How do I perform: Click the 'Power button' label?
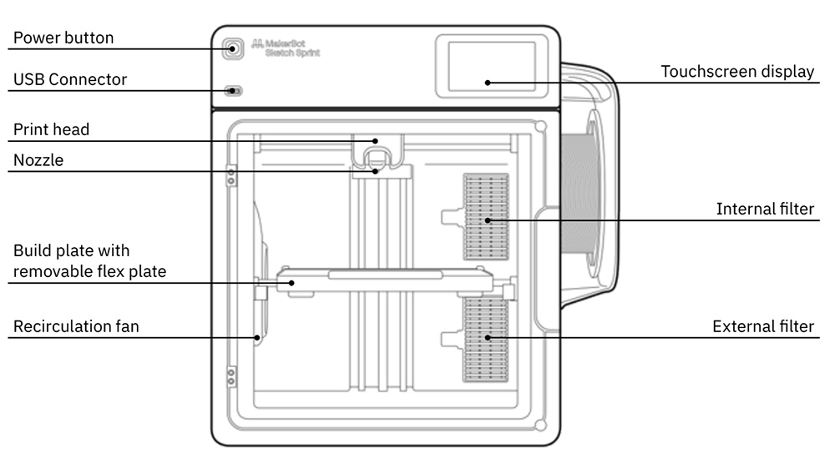pyautogui.click(x=63, y=38)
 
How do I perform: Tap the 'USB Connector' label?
pyautogui.click(x=70, y=79)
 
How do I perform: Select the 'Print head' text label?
pyautogui.click(x=51, y=129)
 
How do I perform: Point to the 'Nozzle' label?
pyautogui.click(x=38, y=160)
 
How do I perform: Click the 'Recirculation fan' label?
pyautogui.click(x=75, y=326)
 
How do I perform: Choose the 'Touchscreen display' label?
pyautogui.click(x=737, y=72)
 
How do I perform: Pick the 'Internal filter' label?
pyautogui.click(x=765, y=209)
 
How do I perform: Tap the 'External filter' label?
pyautogui.click(x=762, y=326)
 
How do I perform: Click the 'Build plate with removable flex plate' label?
pyautogui.click(x=89, y=260)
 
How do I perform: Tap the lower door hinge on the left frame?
pyautogui.click(x=231, y=375)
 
